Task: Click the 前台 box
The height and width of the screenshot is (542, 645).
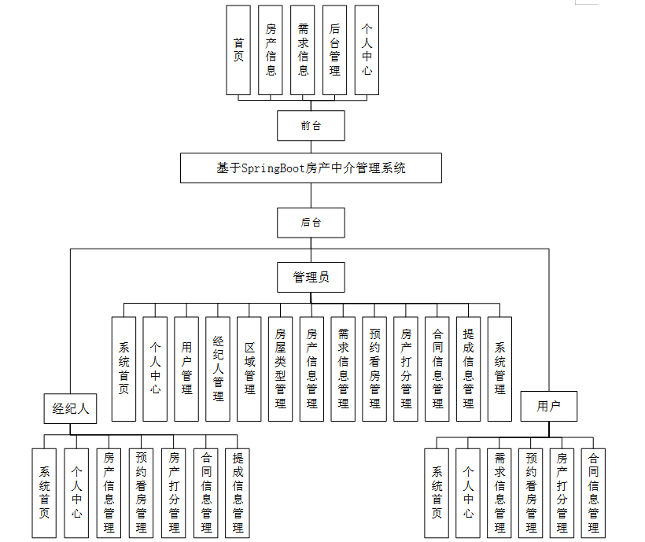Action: coord(311,125)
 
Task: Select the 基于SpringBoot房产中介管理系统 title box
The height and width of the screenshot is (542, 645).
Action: coord(311,168)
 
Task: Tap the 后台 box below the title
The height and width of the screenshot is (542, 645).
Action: coord(311,223)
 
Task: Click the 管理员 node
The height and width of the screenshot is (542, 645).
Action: coord(311,277)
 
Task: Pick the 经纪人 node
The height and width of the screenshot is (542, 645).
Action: coord(71,408)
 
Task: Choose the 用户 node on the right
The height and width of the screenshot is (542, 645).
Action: coord(548,406)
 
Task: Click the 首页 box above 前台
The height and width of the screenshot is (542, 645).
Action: coord(238,50)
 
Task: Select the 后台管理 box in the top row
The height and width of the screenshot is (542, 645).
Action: coord(334,50)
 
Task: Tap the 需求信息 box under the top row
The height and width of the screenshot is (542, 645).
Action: coord(303,50)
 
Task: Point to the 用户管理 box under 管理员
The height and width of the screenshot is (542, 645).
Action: coord(186,368)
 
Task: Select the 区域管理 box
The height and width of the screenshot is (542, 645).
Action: coord(249,368)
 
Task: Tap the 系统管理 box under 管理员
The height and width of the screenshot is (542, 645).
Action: coord(499,368)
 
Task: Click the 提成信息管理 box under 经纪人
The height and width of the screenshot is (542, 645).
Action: coord(238,492)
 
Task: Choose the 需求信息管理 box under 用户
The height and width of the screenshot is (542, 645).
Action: coord(499,492)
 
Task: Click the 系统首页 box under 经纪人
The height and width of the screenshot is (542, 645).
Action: coord(44,492)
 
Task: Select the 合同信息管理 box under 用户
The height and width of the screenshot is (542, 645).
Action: coord(593,492)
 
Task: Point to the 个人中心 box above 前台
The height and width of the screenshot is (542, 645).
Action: coord(367,50)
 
